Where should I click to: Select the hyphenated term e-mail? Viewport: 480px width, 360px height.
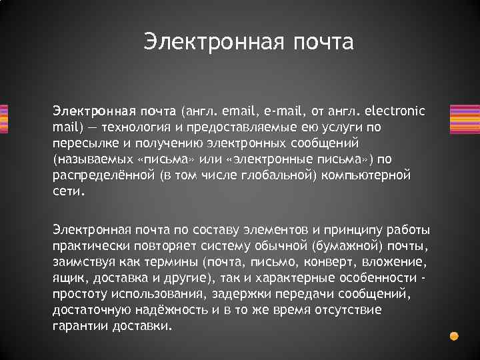tap(283, 109)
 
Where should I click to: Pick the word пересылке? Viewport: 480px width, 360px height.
tap(80, 143)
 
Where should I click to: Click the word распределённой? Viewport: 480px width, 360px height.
tap(103, 175)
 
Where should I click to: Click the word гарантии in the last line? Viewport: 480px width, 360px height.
tap(79, 327)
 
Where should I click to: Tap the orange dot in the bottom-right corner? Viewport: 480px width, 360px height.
tap(454, 336)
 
